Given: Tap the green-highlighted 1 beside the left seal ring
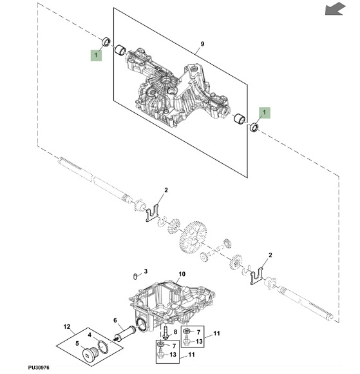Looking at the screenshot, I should [x=95, y=56].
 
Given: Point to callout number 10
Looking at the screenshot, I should [x=181, y=274].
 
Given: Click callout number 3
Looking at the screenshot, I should [x=146, y=271].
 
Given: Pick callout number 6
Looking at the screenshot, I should [x=115, y=320].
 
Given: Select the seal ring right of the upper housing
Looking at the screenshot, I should [x=254, y=128].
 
